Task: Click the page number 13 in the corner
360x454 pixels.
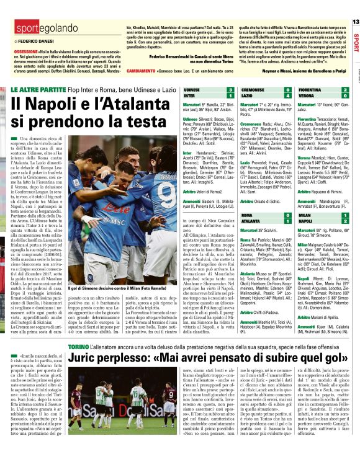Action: (x=355, y=22)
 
